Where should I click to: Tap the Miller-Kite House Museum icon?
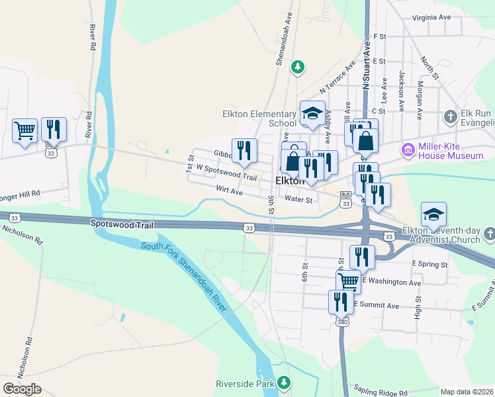point(407,151)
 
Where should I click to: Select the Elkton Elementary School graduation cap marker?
point(312,113)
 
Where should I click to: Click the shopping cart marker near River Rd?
point(24,130)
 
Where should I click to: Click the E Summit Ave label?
point(377,305)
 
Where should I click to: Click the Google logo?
point(22,388)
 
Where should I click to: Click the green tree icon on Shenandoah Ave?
point(298,66)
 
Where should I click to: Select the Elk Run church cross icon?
point(450,117)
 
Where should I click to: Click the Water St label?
point(298,198)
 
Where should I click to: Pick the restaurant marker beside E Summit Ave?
point(341,302)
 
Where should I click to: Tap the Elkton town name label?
point(289,181)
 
